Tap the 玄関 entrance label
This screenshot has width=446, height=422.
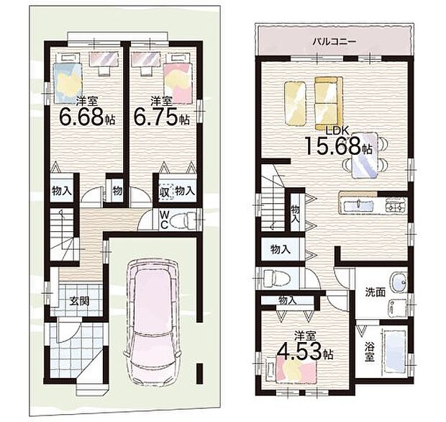(79, 301)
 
